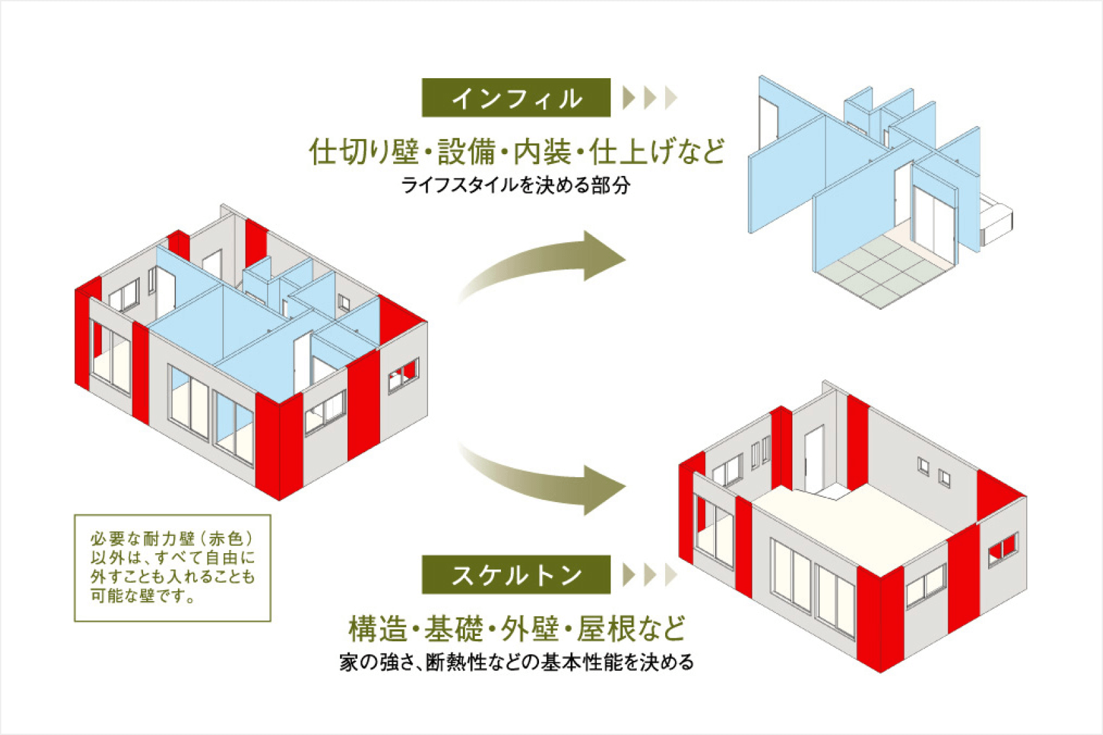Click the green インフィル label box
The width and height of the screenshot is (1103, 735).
pyautogui.click(x=516, y=98)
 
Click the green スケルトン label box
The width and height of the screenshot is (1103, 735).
pyautogui.click(x=516, y=574)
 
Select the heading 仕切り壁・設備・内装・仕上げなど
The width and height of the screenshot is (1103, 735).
pyautogui.click(x=517, y=151)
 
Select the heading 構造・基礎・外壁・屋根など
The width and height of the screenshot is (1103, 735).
pyautogui.click(x=517, y=629)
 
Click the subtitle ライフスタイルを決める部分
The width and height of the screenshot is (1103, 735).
pyautogui.click(x=515, y=186)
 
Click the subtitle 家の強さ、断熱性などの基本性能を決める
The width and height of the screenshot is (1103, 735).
pyautogui.click(x=517, y=663)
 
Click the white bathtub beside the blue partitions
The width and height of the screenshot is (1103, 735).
pyautogui.click(x=995, y=220)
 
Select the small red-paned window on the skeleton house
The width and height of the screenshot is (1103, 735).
pyautogui.click(x=1003, y=549)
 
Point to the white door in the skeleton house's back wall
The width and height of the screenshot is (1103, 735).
pyautogui.click(x=814, y=459)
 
